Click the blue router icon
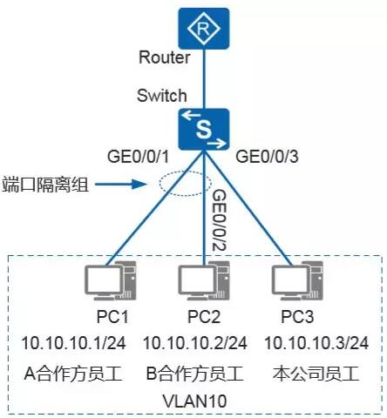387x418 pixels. [204, 29]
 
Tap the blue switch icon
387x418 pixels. [204, 129]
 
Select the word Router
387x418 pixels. [165, 57]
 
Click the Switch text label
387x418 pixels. [161, 96]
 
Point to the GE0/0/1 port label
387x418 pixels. [138, 157]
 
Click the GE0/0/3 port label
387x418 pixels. [267, 157]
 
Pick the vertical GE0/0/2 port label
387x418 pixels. [219, 220]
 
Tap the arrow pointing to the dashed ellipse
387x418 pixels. [120, 184]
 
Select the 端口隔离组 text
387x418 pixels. [45, 185]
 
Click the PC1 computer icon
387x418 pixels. [111, 280]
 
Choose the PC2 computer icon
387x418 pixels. [204, 280]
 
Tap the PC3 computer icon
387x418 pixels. [297, 280]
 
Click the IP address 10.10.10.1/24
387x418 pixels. [73, 343]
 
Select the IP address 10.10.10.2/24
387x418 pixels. [195, 343]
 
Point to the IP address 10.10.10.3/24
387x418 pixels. [316, 343]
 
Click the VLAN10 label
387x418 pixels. [194, 401]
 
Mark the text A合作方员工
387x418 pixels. [73, 374]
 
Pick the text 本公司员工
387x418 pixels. [316, 374]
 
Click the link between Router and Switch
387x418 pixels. [204, 79]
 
